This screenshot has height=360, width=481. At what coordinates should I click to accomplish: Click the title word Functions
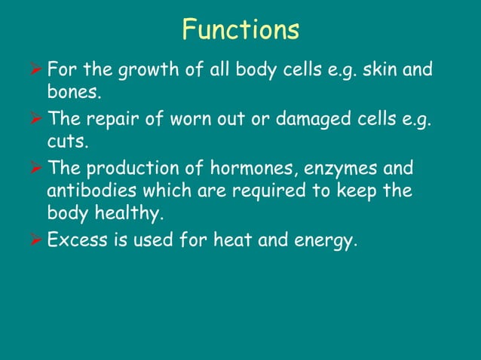(x=240, y=30)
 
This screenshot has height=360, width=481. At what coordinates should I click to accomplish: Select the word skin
(x=378, y=71)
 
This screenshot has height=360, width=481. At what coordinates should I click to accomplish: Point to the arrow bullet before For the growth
(x=35, y=72)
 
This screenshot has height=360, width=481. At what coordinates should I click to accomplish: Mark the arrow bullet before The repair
(x=35, y=119)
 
